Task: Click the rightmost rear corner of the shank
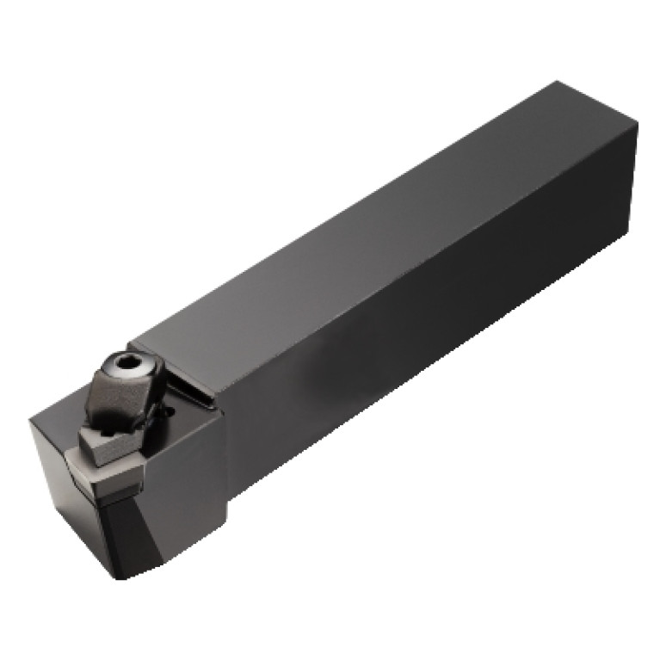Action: (x=638, y=126)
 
